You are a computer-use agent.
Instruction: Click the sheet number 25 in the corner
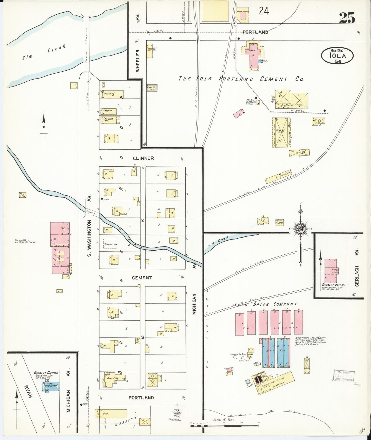click(347, 18)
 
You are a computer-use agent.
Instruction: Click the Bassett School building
click(331, 270)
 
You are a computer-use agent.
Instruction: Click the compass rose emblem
click(300, 229)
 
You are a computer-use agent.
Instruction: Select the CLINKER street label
click(143, 158)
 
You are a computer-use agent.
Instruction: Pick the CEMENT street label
click(142, 278)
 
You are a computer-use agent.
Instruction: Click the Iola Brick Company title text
click(266, 304)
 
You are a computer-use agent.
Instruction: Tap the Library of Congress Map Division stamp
click(344, 376)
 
